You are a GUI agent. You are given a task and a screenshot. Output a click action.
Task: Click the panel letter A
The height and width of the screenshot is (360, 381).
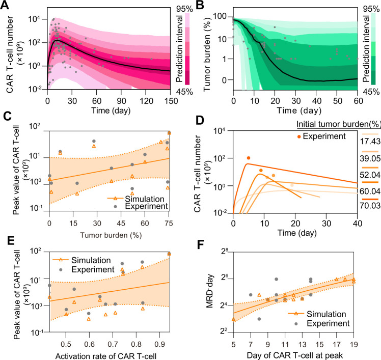tap(6, 6)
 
